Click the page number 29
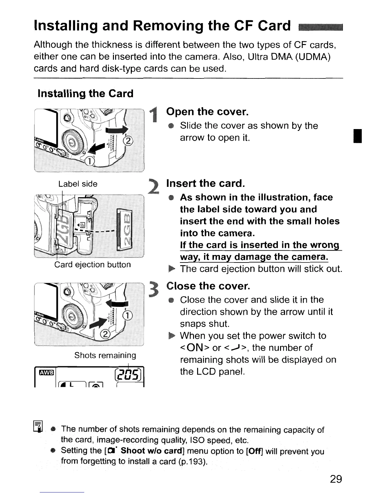(336, 479)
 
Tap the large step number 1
(153, 115)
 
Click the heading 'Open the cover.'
(207, 112)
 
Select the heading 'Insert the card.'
(205, 183)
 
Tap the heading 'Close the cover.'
(208, 286)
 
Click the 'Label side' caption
(78, 184)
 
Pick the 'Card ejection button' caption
(92, 265)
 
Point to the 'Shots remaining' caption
(105, 355)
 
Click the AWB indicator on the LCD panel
(46, 372)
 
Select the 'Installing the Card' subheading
(85, 93)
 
